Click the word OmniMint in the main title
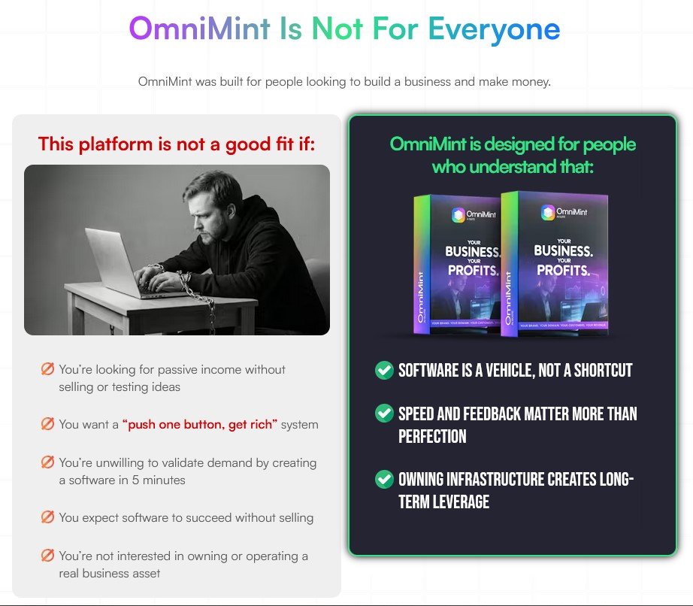pos(199,29)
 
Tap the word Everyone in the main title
pos(494,29)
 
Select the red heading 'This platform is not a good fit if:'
pos(177,144)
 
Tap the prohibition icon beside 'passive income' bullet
pos(47,369)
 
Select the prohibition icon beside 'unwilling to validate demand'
pos(47,462)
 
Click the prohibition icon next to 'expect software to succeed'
pos(47,517)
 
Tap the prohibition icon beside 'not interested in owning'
pos(47,556)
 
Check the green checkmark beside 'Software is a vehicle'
pos(384,370)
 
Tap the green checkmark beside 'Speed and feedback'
pos(384,413)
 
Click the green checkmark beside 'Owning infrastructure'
pos(384,479)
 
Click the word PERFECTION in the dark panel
pos(432,437)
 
